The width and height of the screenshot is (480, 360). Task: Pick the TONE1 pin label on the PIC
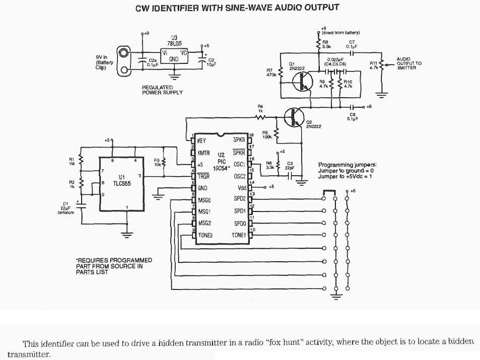click(238, 235)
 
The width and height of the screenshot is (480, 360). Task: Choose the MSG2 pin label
click(205, 223)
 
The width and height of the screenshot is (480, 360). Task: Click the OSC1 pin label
click(239, 165)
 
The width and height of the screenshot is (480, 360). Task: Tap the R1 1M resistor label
click(72, 162)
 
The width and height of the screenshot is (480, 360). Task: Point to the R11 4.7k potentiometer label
click(373, 65)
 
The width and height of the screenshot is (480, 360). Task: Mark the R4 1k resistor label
click(260, 108)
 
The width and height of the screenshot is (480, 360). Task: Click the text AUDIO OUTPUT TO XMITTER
click(409, 63)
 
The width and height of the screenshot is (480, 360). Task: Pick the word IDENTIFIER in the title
click(185, 8)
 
